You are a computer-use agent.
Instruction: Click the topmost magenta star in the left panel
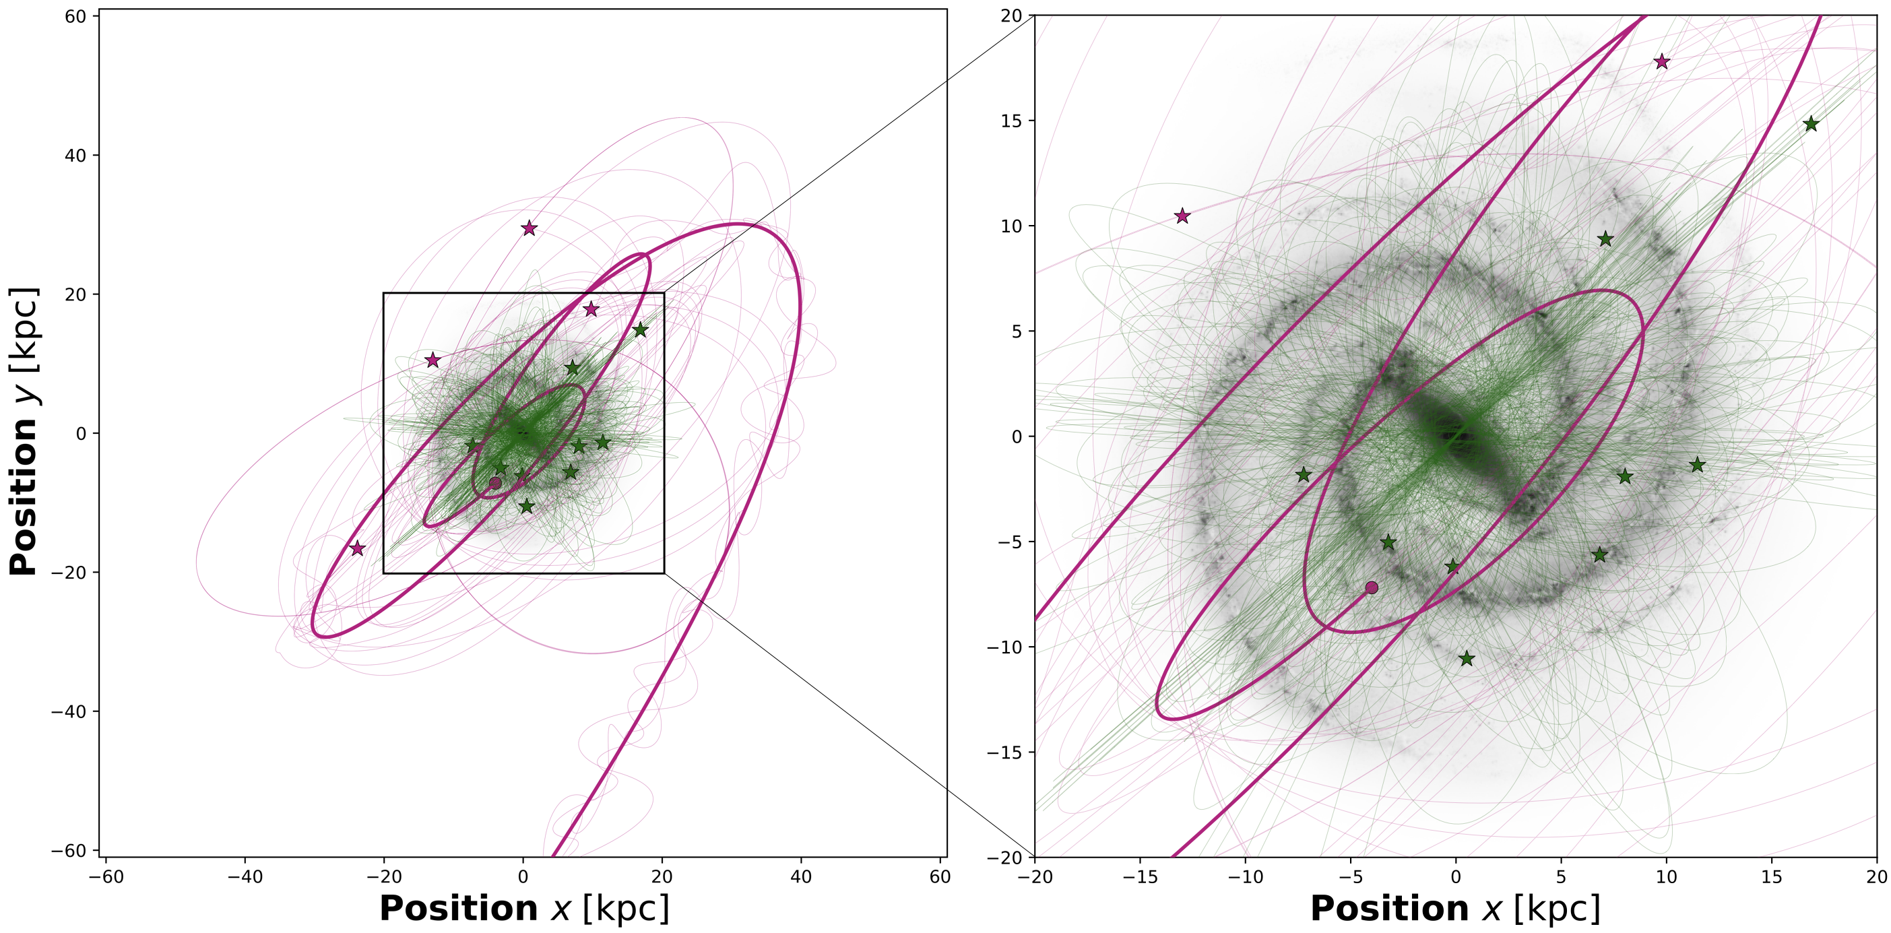tap(530, 228)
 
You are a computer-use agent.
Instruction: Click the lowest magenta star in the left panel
tap(358, 548)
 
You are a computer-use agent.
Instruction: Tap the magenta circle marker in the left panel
tap(496, 483)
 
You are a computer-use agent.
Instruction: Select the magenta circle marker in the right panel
tap(1372, 587)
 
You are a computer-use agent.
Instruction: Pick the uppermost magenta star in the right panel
tap(1662, 63)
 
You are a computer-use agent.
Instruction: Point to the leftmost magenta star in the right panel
tap(1182, 216)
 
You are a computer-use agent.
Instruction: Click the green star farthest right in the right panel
tap(1811, 124)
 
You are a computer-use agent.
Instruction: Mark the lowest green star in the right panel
tap(1467, 658)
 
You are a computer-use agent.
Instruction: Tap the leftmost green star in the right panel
tap(1304, 475)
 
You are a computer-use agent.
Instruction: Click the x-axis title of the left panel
tap(524, 909)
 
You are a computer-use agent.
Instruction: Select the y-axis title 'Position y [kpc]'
tap(24, 432)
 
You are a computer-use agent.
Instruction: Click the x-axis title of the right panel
tap(1455, 909)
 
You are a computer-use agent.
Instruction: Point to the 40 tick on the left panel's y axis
tap(75, 156)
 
